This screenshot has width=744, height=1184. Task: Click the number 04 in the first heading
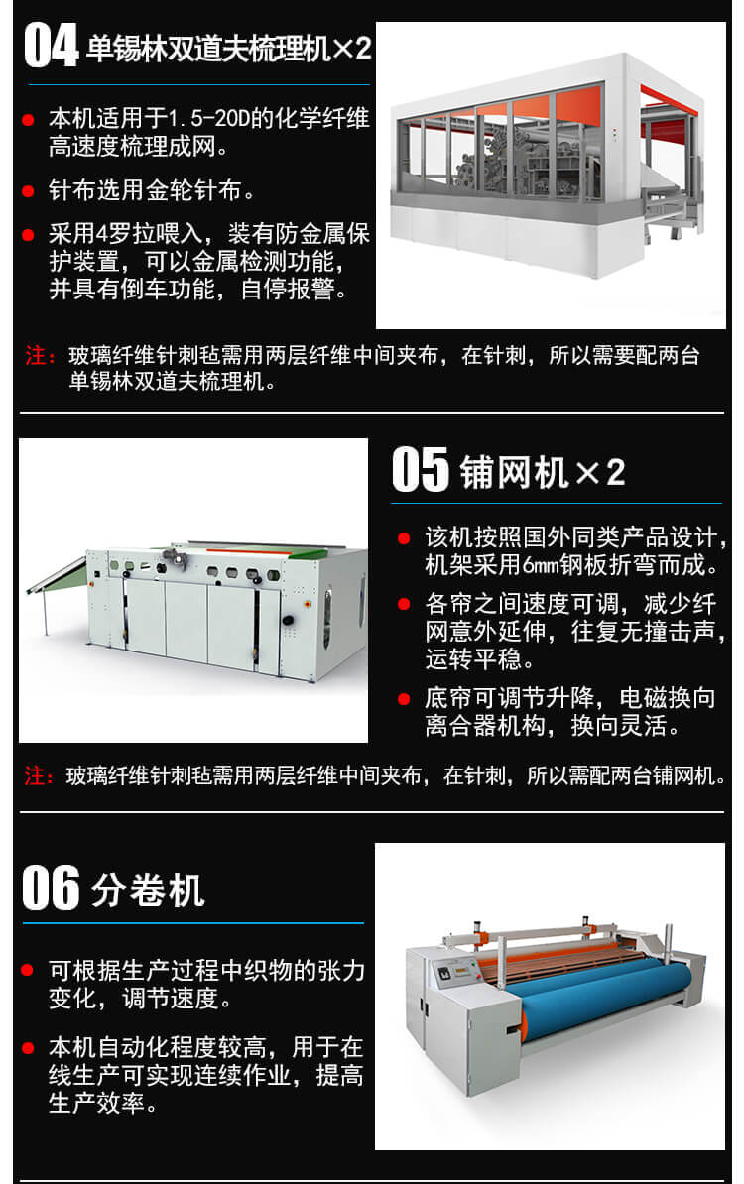click(50, 46)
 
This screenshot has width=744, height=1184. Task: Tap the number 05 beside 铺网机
click(421, 469)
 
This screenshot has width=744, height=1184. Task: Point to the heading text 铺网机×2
click(543, 472)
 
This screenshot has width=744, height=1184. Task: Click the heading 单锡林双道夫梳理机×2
click(228, 49)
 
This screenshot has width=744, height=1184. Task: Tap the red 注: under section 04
click(41, 356)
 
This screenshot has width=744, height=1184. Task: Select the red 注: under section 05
click(40, 775)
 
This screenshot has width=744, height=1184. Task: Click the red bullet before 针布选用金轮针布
click(28, 190)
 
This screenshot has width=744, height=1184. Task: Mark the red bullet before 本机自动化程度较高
click(28, 1047)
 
